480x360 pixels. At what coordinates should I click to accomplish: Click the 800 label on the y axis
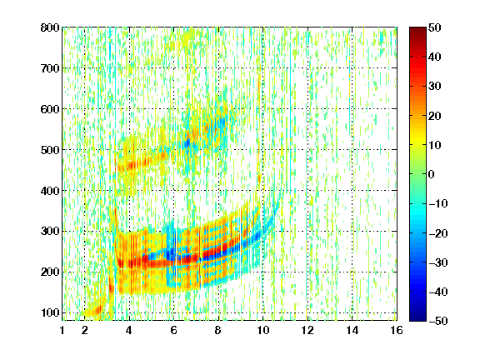[50, 27]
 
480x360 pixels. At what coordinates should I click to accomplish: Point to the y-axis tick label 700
[50, 68]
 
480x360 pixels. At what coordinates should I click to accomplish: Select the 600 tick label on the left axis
[50, 109]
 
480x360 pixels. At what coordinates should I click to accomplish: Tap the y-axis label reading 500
[50, 150]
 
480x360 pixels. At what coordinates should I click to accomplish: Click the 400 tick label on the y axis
[50, 190]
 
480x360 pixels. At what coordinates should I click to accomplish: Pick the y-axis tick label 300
[50, 231]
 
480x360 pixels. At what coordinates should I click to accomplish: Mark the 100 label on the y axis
[50, 312]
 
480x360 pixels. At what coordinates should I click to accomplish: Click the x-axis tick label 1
[62, 330]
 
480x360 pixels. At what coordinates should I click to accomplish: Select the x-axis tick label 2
[85, 330]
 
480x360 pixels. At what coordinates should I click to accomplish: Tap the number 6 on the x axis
[174, 330]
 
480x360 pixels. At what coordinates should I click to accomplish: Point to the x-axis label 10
[263, 330]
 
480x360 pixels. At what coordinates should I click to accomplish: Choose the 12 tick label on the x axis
[307, 330]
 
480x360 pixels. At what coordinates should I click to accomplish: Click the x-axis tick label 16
[397, 330]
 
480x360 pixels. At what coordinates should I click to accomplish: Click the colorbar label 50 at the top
[434, 27]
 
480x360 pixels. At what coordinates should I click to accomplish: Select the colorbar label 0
[432, 174]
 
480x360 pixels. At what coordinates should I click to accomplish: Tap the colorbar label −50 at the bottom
[438, 321]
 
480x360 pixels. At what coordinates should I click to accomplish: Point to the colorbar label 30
[434, 86]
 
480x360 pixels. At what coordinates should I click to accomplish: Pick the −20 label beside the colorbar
[438, 233]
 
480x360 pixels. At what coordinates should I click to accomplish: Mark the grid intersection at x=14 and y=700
[352, 68]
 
